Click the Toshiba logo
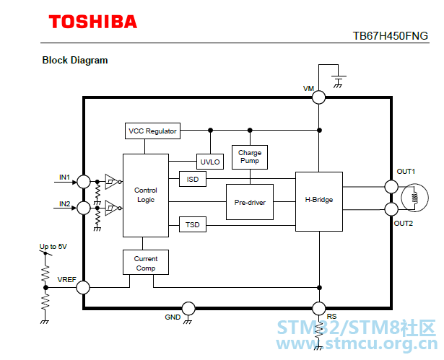pos(93,22)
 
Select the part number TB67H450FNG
pos(390,36)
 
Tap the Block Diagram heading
pos(75,61)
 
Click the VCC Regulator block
pos(152,131)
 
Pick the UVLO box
pos(210,162)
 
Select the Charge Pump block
pos(250,157)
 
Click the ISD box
pos(193,179)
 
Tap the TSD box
pos(193,224)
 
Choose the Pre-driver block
pos(250,202)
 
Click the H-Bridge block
pos(319,201)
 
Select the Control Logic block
pos(146,196)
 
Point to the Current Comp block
pos(146,263)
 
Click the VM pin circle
pos(319,97)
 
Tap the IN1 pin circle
pos(84,182)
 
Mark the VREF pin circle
pos(83,288)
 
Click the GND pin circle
pos(188,309)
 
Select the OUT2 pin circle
pos(391,210)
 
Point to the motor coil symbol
pos(415,198)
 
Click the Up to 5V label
pos(53,247)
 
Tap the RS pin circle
pos(319,309)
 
